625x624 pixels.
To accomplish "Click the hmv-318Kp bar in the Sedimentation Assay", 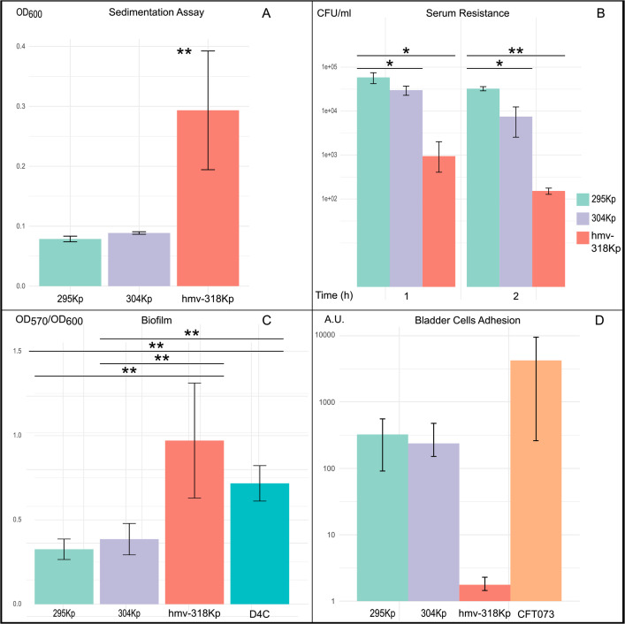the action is tap(208, 198).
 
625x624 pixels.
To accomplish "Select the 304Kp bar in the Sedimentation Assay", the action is tap(139, 259).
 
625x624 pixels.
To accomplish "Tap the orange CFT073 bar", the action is tap(536, 481).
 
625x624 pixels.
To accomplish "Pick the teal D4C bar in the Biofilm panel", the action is tap(260, 544).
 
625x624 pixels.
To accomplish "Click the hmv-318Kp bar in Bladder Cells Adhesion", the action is tap(484, 593).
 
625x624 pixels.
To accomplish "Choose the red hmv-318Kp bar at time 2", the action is tap(548, 239).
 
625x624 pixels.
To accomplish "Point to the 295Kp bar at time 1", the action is tap(373, 182).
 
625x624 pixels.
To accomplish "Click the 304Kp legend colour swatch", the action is tap(583, 218).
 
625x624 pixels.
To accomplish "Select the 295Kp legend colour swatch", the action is tap(583, 199).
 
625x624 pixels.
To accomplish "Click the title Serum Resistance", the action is tap(468, 13).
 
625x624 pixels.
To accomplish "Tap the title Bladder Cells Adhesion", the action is tap(468, 320).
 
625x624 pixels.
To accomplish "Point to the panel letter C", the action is tap(266, 320).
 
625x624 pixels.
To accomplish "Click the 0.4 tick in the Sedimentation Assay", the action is tap(20, 46).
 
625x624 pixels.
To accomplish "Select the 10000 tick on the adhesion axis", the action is tap(324, 335).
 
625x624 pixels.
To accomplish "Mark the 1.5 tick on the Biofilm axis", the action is tap(17, 351).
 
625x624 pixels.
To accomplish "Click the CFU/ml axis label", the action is tap(334, 13).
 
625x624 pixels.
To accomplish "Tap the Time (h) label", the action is tap(334, 295).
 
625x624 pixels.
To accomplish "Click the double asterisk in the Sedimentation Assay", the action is tap(184, 52).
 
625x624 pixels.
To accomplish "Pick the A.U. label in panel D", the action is tap(334, 320).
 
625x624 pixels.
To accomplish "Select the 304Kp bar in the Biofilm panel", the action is tap(129, 571).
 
